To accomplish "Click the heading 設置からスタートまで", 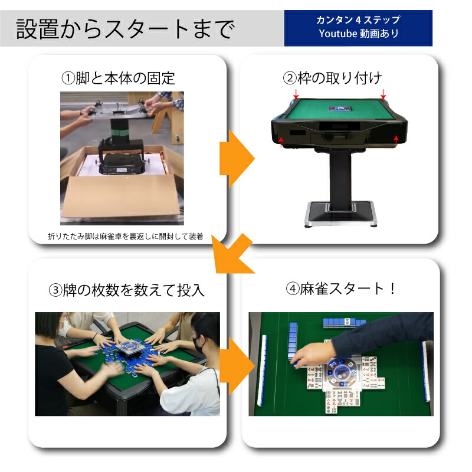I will click(125, 28).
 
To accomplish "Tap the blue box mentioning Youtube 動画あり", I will click(358, 28).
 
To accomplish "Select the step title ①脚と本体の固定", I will click(118, 77).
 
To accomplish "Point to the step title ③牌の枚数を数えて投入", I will click(126, 290).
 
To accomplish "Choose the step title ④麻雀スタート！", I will click(340, 289).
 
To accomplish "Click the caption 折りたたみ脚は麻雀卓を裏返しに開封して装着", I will click(125, 237).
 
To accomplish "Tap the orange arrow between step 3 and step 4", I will click(238, 366).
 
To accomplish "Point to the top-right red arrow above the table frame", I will click(383, 94).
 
